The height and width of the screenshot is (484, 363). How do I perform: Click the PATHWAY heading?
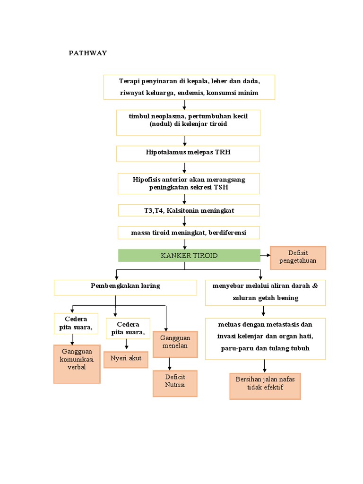(88, 53)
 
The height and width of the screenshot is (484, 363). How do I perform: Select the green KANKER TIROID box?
(189, 255)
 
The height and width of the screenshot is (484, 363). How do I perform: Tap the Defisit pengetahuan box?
(298, 258)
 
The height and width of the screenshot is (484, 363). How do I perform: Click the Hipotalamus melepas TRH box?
(189, 153)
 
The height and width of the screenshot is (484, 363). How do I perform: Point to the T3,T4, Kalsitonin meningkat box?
(189, 210)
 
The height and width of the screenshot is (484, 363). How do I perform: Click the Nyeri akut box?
(126, 359)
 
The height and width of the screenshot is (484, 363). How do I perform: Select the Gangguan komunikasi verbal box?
(77, 363)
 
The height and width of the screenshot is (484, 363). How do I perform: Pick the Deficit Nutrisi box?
(175, 383)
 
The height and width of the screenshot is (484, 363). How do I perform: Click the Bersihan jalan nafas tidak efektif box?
(265, 386)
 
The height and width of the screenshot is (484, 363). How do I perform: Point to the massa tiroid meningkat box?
(189, 233)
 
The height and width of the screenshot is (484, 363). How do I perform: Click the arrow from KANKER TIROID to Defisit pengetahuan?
(265, 255)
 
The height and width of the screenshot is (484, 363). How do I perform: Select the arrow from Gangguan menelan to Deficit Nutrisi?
(169, 364)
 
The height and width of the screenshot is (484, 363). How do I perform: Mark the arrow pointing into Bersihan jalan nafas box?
(264, 366)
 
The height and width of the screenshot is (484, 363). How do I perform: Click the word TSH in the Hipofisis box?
(220, 187)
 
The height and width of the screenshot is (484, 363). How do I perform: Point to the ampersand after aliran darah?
(315, 286)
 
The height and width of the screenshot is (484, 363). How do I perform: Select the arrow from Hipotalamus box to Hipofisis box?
(184, 167)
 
